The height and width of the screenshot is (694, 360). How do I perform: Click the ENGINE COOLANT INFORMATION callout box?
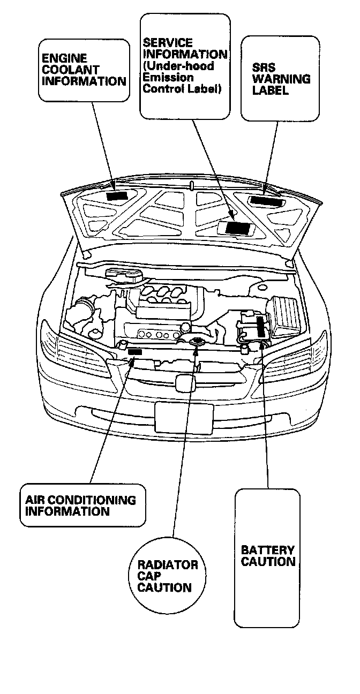[x=84, y=70]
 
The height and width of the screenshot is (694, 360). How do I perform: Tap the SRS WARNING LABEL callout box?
[x=280, y=78]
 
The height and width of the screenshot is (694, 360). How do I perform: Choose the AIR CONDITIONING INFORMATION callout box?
[x=81, y=505]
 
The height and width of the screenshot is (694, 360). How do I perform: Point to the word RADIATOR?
[x=168, y=565]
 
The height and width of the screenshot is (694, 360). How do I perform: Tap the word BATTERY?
[x=267, y=550]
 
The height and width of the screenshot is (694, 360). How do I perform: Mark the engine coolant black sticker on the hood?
[x=116, y=195]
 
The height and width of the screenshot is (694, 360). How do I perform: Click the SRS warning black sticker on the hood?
[x=266, y=201]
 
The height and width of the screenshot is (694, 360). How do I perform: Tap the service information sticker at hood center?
[x=236, y=227]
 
